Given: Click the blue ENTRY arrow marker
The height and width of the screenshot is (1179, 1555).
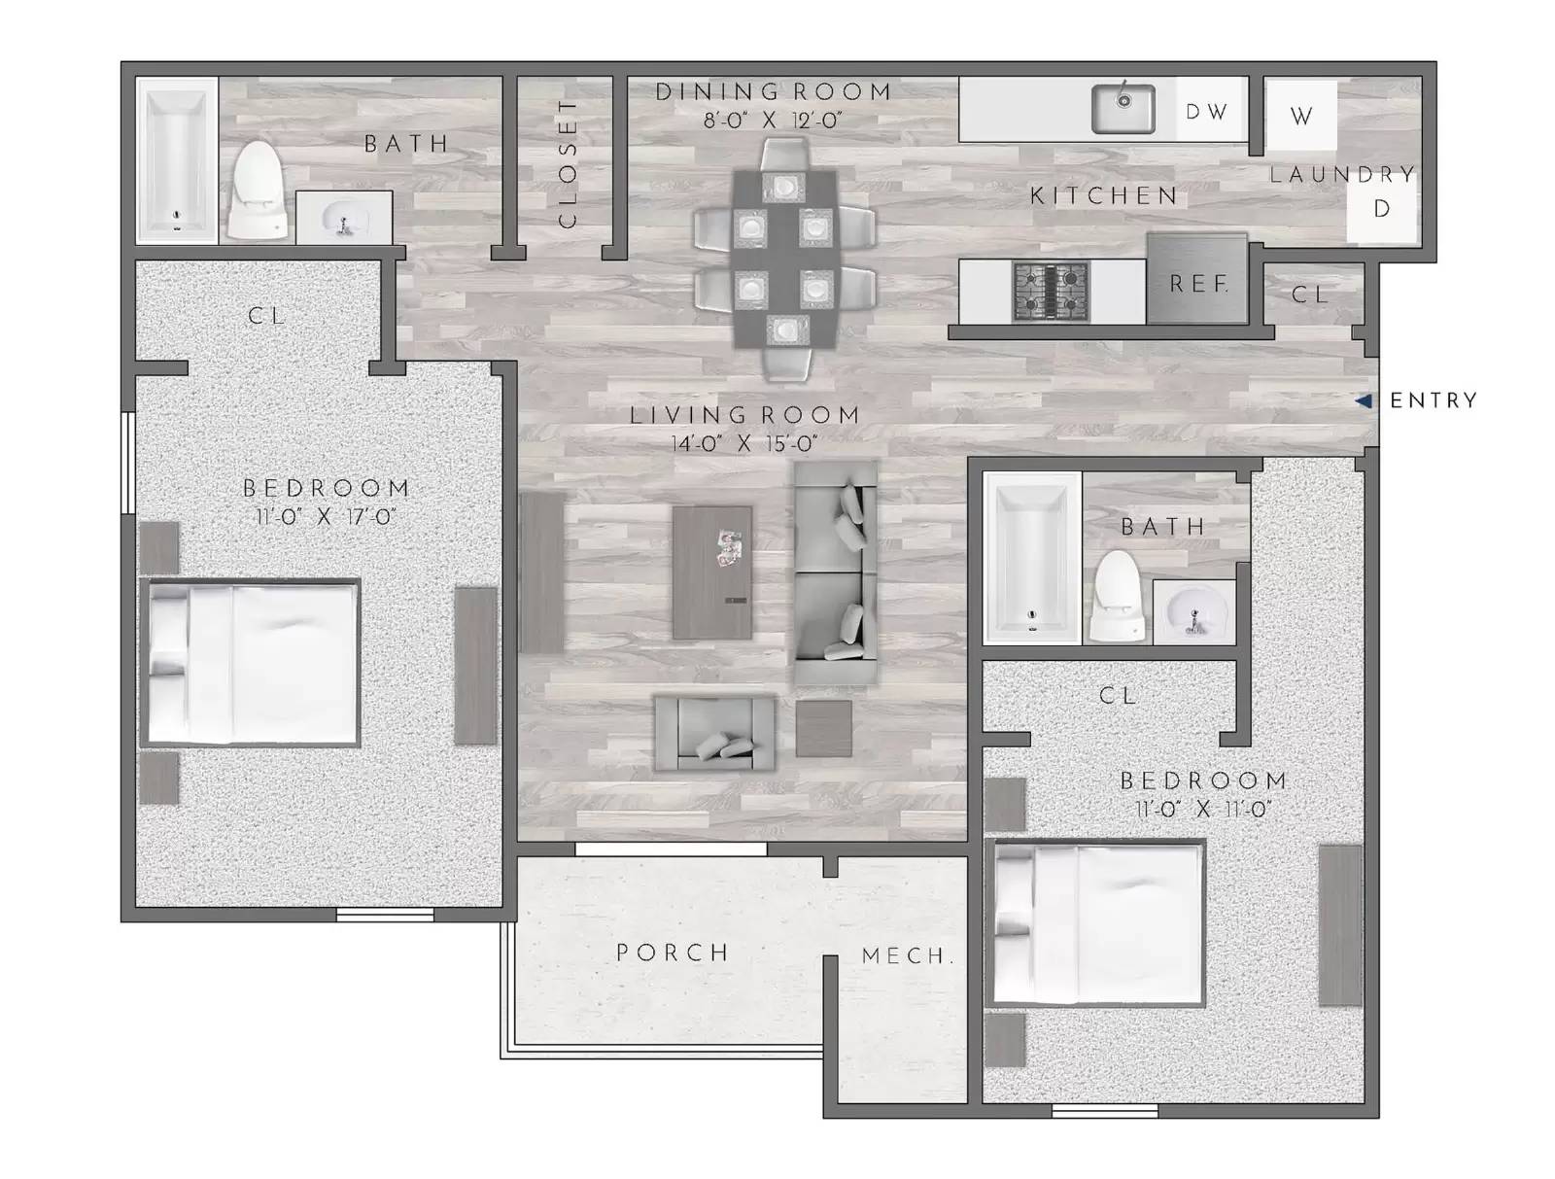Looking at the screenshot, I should pos(1365,400).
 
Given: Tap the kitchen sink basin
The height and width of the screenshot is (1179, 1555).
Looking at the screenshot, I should pos(1123,108).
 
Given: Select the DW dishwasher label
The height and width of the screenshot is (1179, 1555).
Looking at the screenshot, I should pos(1206,112).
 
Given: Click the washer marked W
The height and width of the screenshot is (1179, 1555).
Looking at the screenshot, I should pos(1301,116).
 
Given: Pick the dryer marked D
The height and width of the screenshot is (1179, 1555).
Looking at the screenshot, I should pos(1381,209).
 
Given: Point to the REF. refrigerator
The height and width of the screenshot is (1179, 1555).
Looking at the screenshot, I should pos(1197,283).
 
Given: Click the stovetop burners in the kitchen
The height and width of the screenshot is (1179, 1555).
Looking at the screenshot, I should pos(1051,291).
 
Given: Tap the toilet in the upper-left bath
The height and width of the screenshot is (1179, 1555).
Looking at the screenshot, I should pos(258,192).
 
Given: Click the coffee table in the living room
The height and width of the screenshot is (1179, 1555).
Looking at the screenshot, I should pos(711,572).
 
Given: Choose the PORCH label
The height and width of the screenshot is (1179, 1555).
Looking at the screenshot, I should pos(673,953).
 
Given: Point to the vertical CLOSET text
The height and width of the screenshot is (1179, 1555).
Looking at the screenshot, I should pos(568,163).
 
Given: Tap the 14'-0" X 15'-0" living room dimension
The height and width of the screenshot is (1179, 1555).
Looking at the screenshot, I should pos(743,444).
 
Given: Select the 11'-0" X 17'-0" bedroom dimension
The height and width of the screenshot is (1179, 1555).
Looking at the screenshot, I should pos(326,516).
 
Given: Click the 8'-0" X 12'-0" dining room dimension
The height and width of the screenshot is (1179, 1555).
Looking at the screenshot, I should pos(773,121).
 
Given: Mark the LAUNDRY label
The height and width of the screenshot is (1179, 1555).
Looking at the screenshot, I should pos(1342,175).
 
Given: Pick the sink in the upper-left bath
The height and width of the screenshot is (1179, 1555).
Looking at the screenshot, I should pos(343,219).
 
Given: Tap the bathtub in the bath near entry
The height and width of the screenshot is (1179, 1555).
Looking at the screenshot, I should pos(1031,558).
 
